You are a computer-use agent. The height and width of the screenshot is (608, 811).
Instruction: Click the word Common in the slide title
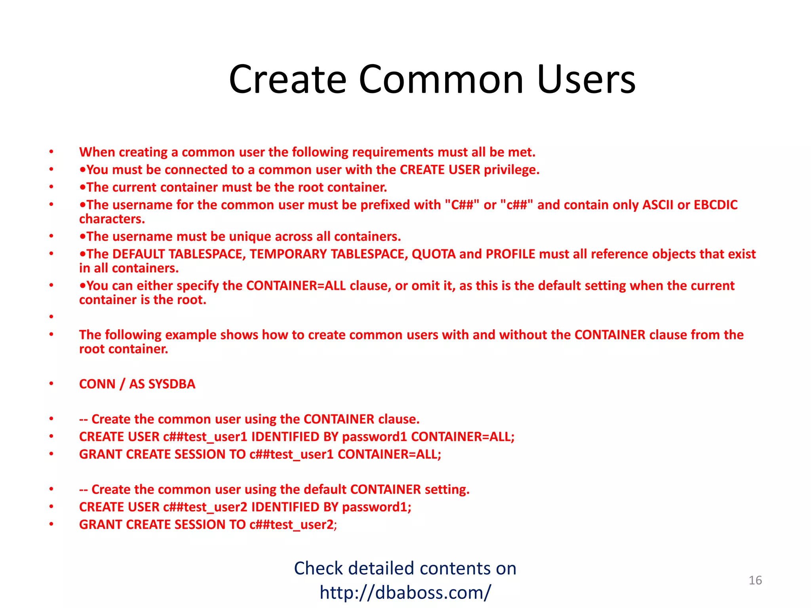[x=441, y=80]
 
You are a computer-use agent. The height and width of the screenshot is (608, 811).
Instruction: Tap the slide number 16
[x=755, y=580]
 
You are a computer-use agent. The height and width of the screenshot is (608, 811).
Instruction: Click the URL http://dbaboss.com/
[x=405, y=593]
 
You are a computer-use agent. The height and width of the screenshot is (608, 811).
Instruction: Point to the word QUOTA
[x=434, y=254]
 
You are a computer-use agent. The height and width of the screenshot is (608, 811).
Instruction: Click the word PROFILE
[x=510, y=254]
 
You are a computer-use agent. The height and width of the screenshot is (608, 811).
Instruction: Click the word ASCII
[x=657, y=205]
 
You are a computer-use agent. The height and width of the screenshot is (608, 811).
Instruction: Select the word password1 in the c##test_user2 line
[x=376, y=507]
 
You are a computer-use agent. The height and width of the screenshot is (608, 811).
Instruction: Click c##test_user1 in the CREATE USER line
[x=205, y=437]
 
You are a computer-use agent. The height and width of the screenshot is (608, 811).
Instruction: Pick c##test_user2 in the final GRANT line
[x=292, y=524]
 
